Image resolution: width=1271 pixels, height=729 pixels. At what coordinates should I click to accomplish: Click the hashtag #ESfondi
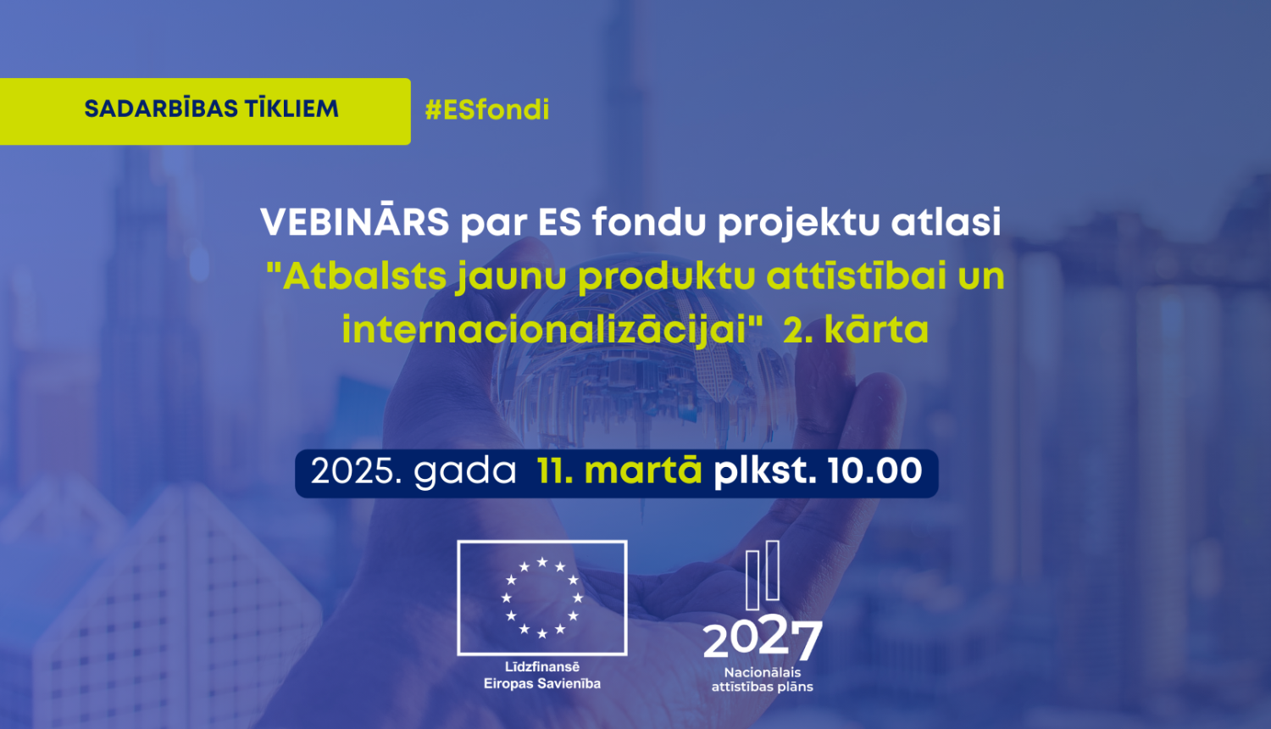coord(487,110)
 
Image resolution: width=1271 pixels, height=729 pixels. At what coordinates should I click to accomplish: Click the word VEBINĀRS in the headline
coord(355,223)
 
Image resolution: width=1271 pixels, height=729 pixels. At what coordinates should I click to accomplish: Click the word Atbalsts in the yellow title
coord(364,276)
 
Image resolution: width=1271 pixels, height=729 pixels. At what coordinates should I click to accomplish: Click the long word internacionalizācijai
coord(546,330)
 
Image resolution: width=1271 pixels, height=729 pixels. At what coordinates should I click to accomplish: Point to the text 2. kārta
coord(856,330)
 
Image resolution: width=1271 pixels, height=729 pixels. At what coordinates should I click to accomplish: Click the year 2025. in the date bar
coord(357,472)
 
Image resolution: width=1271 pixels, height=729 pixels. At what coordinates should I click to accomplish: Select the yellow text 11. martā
coord(619,471)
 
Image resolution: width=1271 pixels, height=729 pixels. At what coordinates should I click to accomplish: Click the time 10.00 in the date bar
coord(874,471)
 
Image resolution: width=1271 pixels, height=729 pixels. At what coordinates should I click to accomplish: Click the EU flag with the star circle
coord(542,598)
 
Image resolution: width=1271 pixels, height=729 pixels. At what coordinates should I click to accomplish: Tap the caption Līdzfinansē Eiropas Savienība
coord(542,676)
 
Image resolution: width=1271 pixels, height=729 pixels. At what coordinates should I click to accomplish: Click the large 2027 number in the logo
coord(762,639)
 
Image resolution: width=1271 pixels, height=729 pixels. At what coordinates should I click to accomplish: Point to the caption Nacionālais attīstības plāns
coord(762,680)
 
